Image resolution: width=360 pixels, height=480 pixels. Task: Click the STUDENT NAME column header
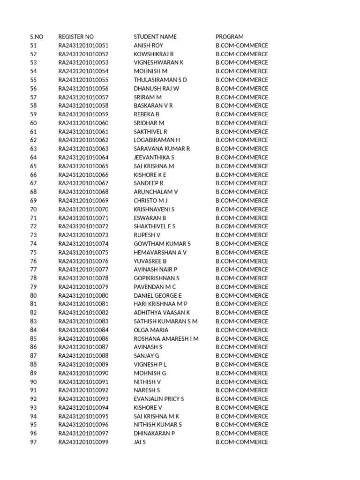pyautogui.click(x=155, y=37)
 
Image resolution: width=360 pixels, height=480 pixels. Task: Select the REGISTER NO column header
pyautogui.click(x=76, y=37)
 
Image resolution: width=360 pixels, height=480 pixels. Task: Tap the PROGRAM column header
pyautogui.click(x=230, y=37)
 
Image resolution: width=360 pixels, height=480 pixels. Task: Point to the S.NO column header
pyautogui.click(x=37, y=37)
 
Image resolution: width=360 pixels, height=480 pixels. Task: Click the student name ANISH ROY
pyautogui.click(x=148, y=45)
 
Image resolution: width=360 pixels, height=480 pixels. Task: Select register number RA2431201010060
pyautogui.click(x=83, y=123)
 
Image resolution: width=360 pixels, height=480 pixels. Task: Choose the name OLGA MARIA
pyautogui.click(x=151, y=330)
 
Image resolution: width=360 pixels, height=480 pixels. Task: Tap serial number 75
pyautogui.click(x=33, y=252)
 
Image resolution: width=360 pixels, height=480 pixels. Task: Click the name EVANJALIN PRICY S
pyautogui.click(x=159, y=399)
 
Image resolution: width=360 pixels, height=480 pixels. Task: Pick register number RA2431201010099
pyautogui.click(x=83, y=442)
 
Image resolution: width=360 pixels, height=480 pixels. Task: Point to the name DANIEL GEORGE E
pyautogui.click(x=157, y=295)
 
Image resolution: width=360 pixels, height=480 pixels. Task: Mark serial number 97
pyautogui.click(x=33, y=442)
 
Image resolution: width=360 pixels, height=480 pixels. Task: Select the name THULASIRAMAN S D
pyautogui.click(x=160, y=80)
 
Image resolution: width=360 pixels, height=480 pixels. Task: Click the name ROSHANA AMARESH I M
pyautogui.click(x=166, y=338)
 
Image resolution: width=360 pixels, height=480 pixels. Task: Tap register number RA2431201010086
pyautogui.click(x=83, y=338)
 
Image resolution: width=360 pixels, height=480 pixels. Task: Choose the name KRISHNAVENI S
pyautogui.click(x=154, y=209)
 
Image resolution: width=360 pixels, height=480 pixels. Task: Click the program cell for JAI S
pyautogui.click(x=242, y=442)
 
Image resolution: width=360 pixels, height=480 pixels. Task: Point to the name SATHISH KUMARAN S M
pyautogui.click(x=165, y=321)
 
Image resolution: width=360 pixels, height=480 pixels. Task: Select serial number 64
pyautogui.click(x=33, y=157)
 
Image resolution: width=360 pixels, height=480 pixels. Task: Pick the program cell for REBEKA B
pyautogui.click(x=242, y=114)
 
